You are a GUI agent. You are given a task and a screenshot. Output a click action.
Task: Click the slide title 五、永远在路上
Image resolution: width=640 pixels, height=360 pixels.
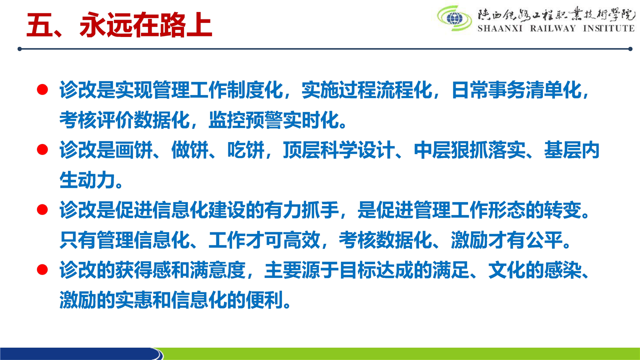pyautogui.click(x=119, y=25)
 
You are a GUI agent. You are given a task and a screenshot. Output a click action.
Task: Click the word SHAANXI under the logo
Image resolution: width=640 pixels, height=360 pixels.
pyautogui.click(x=500, y=28)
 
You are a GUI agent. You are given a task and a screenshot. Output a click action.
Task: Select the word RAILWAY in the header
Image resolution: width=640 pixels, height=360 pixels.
pyautogui.click(x=553, y=28)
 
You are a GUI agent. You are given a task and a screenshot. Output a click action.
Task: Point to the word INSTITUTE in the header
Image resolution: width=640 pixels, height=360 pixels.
pyautogui.click(x=608, y=28)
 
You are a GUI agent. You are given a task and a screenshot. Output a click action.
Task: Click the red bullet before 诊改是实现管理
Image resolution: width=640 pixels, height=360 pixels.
pyautogui.click(x=42, y=89)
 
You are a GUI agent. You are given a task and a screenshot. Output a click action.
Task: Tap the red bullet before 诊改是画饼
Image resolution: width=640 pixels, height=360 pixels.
pyautogui.click(x=42, y=149)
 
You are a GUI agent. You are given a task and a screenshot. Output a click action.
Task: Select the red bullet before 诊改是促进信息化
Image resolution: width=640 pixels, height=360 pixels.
pyautogui.click(x=42, y=209)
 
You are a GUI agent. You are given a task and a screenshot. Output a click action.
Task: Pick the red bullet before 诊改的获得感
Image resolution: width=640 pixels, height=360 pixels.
pyautogui.click(x=42, y=269)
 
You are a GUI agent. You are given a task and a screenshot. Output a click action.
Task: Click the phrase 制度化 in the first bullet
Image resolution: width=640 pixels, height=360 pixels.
pyautogui.click(x=255, y=90)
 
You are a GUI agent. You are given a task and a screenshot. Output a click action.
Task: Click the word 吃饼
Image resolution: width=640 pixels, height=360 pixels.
pyautogui.click(x=245, y=150)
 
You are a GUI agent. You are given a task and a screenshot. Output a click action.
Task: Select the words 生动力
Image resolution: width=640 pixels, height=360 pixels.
pyautogui.click(x=87, y=180)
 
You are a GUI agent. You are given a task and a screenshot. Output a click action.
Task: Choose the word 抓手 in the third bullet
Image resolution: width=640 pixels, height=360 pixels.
pyautogui.click(x=320, y=210)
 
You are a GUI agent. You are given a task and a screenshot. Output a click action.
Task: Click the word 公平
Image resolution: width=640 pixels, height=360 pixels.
pyautogui.click(x=544, y=240)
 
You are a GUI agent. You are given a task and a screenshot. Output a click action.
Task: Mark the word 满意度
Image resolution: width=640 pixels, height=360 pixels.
pyautogui.click(x=217, y=270)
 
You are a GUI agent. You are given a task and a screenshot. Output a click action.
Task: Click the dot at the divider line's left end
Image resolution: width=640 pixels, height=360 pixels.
pyautogui.click(x=19, y=49)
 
